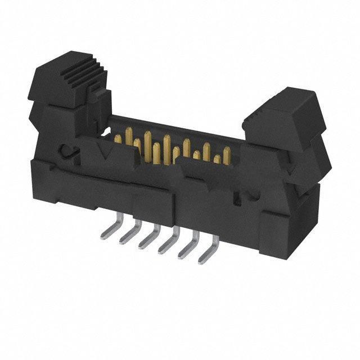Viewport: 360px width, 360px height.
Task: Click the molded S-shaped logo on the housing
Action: point(69,150)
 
